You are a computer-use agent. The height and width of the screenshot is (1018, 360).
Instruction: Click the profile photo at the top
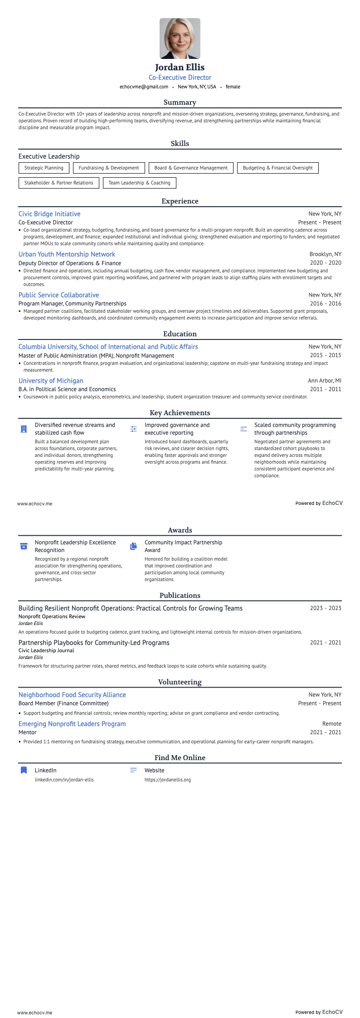tap(180, 39)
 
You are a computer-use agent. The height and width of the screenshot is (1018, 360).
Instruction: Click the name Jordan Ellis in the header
tap(180, 68)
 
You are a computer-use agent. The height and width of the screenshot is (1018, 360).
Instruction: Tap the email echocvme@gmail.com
tap(144, 87)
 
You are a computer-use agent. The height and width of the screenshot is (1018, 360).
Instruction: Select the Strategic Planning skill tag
tap(44, 168)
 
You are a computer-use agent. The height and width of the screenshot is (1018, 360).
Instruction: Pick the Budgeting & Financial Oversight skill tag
tap(277, 168)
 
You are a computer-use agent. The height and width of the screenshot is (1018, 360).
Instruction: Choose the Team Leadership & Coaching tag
tap(139, 183)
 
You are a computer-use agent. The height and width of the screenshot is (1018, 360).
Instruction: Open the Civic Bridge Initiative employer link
tap(49, 214)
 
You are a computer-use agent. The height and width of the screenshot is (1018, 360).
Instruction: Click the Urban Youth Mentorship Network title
tap(67, 254)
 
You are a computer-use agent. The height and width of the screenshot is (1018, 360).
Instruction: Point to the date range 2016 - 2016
tap(326, 304)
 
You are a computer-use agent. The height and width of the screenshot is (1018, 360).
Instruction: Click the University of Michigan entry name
tap(51, 381)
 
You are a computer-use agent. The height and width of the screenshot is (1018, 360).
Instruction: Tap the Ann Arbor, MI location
tap(325, 381)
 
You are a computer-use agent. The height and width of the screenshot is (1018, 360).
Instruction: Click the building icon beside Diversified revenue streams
tap(24, 429)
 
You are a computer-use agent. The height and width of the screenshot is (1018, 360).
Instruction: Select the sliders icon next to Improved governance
tap(134, 429)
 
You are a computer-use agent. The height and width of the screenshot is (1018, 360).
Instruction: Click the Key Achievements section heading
tap(180, 413)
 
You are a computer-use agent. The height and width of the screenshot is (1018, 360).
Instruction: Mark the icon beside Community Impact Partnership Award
tap(134, 546)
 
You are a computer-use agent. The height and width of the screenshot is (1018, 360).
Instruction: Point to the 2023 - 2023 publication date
tap(326, 608)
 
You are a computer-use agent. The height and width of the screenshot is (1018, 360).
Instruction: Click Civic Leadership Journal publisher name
tap(46, 650)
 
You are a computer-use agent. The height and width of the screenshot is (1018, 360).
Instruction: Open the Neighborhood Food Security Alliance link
tap(72, 695)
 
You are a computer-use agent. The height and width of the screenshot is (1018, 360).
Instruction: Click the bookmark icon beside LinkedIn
tap(24, 770)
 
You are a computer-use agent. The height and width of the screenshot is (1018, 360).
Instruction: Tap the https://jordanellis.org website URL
tap(167, 780)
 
